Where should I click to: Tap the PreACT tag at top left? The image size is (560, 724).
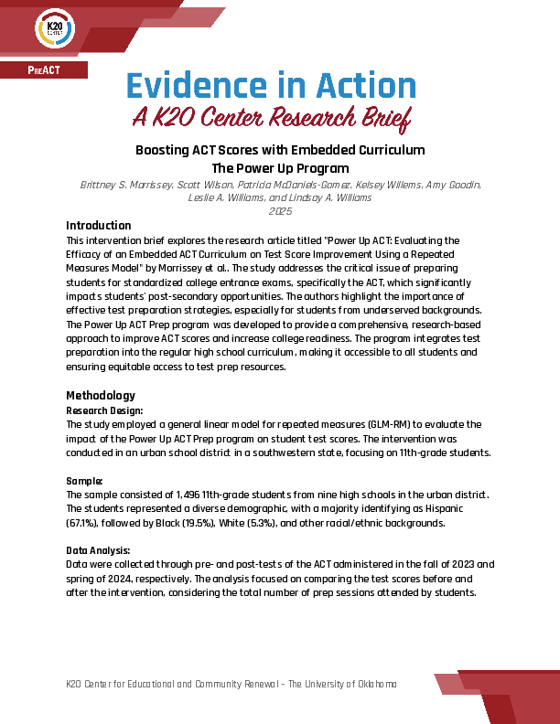coord(43,70)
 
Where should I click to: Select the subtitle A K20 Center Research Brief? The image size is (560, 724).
coord(270,118)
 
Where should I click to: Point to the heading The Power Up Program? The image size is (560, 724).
coord(280,167)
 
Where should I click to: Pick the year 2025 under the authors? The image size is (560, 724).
coord(280,210)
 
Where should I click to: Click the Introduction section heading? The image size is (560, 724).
coord(99,226)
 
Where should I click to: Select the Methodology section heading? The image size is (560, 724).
coord(101,396)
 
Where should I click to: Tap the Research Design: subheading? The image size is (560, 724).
coord(104,411)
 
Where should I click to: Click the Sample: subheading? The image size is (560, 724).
coord(84,480)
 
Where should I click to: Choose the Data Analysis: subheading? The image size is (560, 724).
coord(99,550)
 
